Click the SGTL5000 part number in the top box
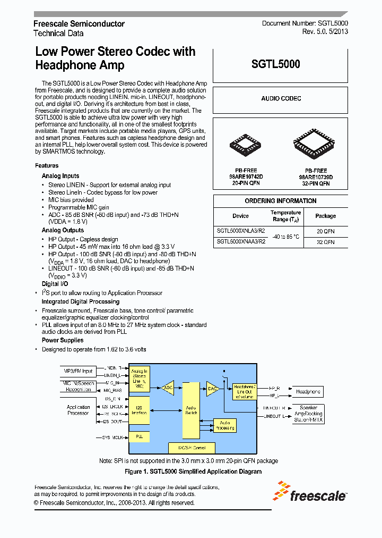pos(275,64)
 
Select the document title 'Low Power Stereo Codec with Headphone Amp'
pos(115,58)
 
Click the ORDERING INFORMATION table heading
pos(280,201)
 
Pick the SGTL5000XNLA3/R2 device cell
pos(241,231)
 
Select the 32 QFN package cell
pos(325,242)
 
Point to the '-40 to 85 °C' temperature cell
pos(285,237)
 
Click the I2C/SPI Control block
pos(192,448)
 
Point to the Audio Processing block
pos(224,425)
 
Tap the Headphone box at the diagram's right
pos(308,392)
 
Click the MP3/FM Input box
pos(78,371)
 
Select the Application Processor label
pos(79,410)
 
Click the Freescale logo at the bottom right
pos(310,492)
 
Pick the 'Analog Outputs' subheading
pos(63,230)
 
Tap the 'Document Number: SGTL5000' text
pos(305,24)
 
